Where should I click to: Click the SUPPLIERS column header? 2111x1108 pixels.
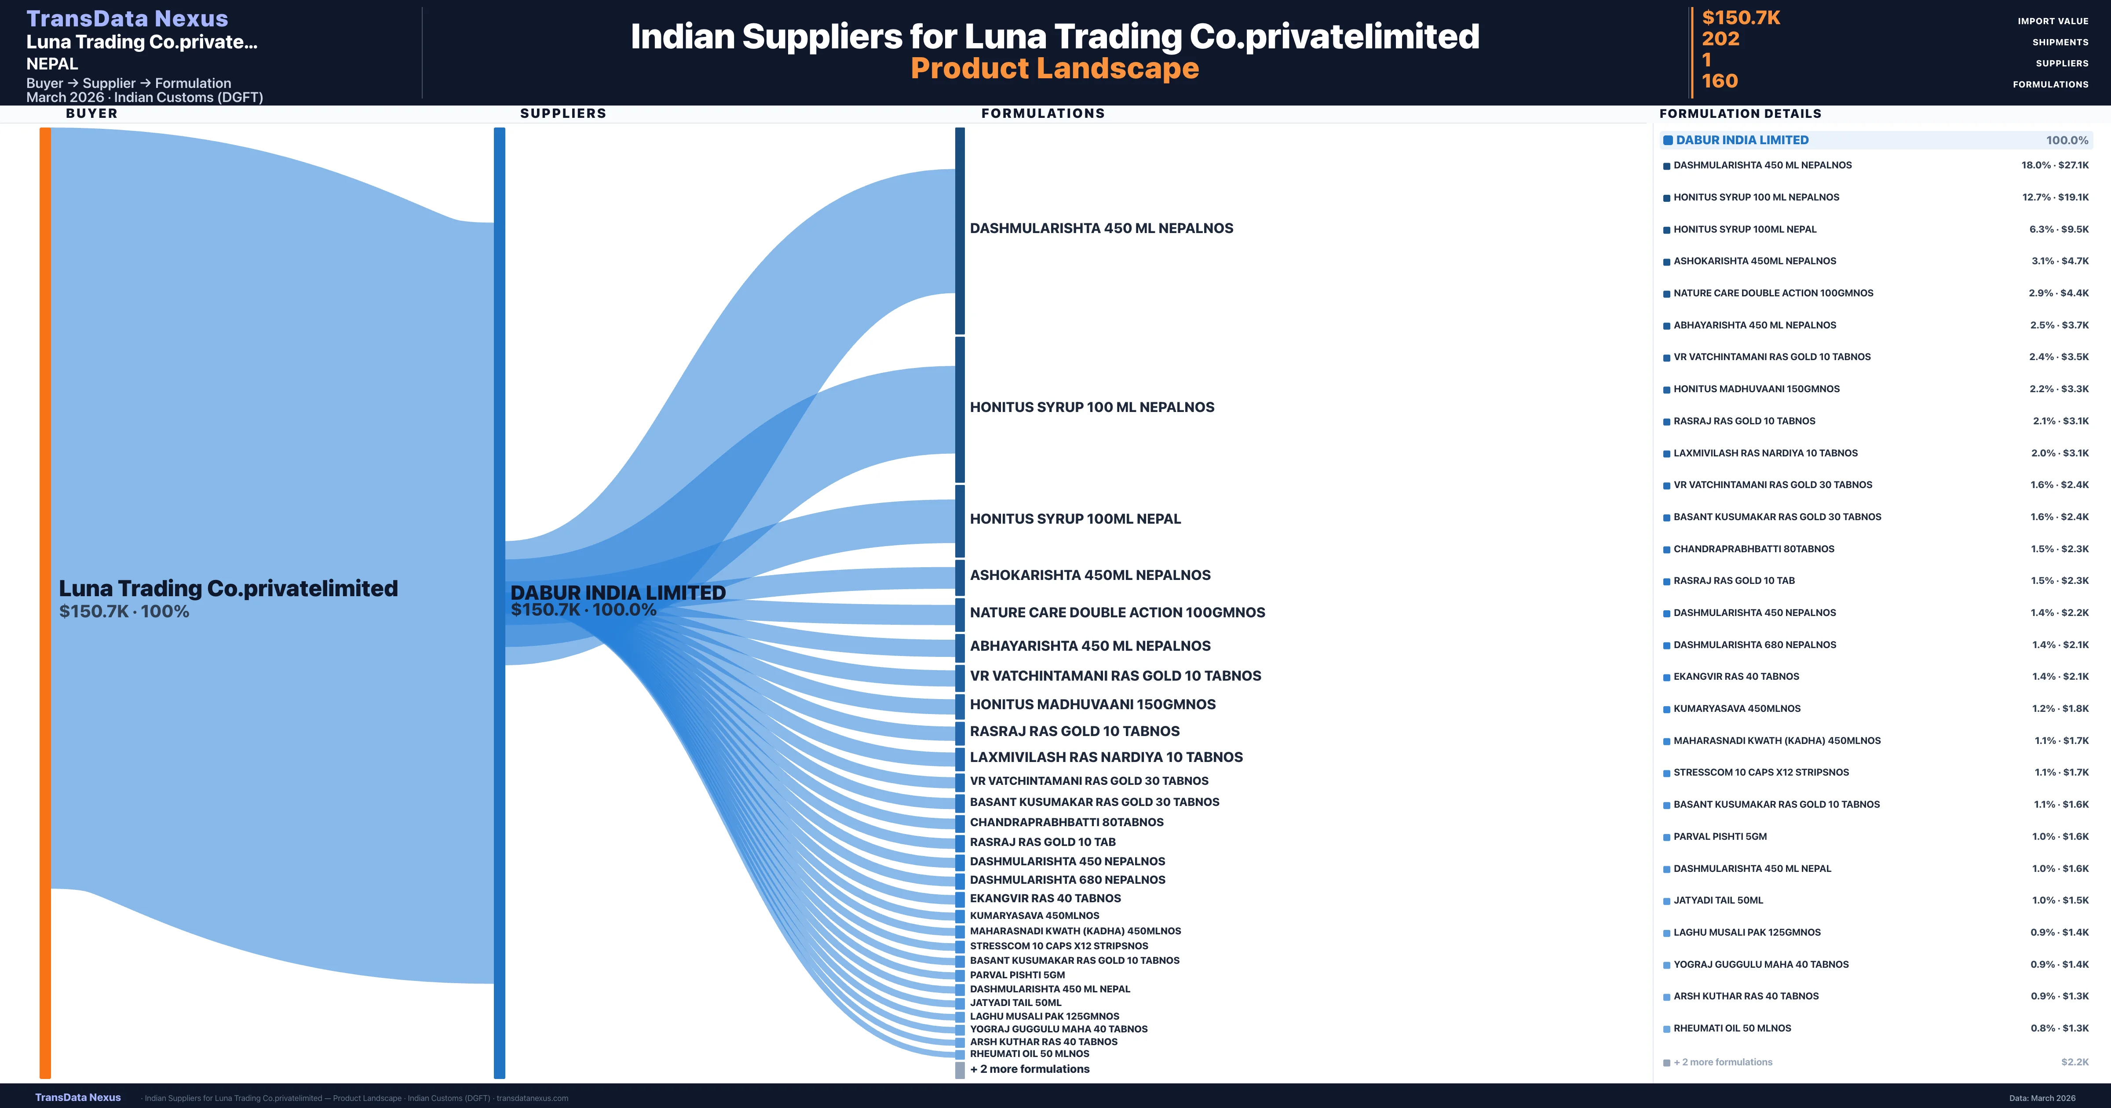click(x=563, y=113)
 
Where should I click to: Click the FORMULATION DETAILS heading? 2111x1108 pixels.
click(x=1740, y=114)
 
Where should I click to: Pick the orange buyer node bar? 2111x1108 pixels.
click(x=45, y=602)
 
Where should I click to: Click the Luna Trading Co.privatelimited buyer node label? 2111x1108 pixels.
click(x=228, y=588)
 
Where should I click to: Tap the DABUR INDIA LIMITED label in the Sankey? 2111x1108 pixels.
click(x=618, y=593)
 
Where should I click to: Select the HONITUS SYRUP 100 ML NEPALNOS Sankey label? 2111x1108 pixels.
click(x=1092, y=407)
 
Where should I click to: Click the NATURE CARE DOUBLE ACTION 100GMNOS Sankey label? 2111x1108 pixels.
click(x=1117, y=612)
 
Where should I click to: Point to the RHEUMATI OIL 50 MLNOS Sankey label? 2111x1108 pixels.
click(x=1029, y=1054)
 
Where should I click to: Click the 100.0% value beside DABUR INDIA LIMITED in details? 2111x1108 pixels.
click(x=2067, y=140)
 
